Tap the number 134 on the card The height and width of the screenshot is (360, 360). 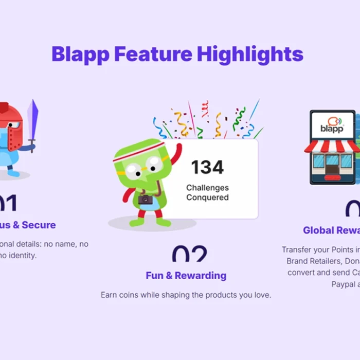[207, 167]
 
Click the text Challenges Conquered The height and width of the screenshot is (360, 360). [207, 193]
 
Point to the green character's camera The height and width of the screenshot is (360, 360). [145, 199]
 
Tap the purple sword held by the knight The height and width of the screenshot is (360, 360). [33, 121]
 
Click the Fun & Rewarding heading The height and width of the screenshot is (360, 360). [186, 276]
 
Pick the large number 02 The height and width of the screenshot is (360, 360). [189, 255]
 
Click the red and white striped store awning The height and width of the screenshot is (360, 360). [332, 146]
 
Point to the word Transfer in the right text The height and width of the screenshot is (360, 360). [296, 249]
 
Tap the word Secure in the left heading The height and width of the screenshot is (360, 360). [39, 225]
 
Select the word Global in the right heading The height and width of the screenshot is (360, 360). [319, 230]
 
